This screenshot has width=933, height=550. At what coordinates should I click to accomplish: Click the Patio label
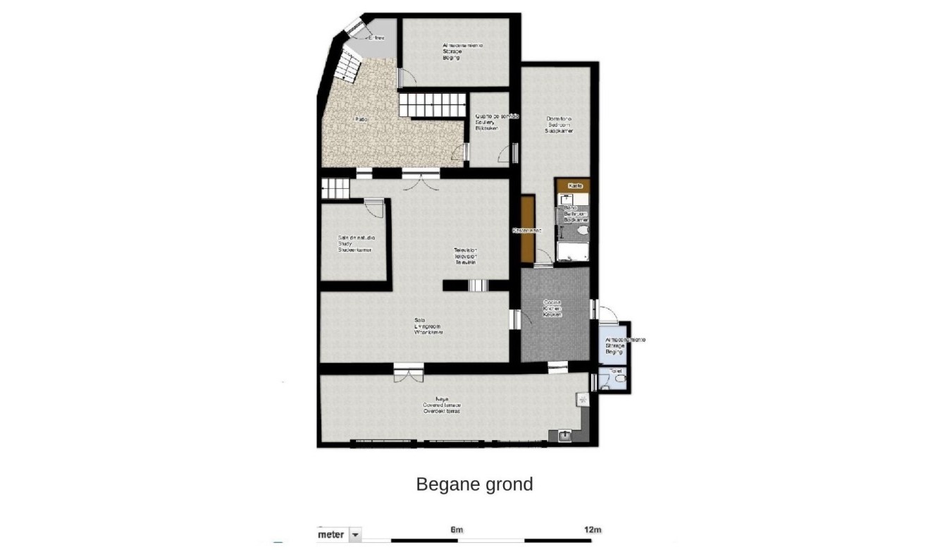click(x=361, y=120)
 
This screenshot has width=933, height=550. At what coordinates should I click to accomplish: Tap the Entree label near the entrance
click(x=376, y=38)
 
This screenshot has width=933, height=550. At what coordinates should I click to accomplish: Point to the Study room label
click(x=355, y=243)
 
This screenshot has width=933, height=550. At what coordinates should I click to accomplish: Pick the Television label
click(x=465, y=256)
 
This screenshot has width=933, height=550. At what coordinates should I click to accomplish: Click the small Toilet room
click(x=616, y=377)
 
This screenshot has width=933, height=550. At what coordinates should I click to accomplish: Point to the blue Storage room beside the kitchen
click(x=612, y=346)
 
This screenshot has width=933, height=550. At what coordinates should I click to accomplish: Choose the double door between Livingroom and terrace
click(x=409, y=371)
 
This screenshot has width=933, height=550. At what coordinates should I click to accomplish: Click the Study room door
click(x=376, y=207)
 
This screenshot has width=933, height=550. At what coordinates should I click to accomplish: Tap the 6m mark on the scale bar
click(x=457, y=530)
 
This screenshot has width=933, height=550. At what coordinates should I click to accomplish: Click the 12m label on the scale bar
click(x=593, y=530)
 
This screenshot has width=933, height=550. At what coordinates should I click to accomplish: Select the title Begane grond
click(x=474, y=484)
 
